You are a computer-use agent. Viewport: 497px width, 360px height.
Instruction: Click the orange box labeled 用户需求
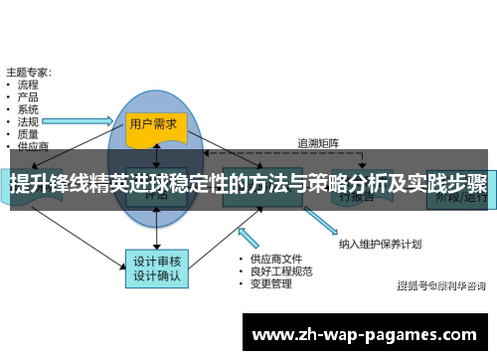click(x=153, y=124)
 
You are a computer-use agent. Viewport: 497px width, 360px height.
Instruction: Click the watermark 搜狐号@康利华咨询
click(x=440, y=286)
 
